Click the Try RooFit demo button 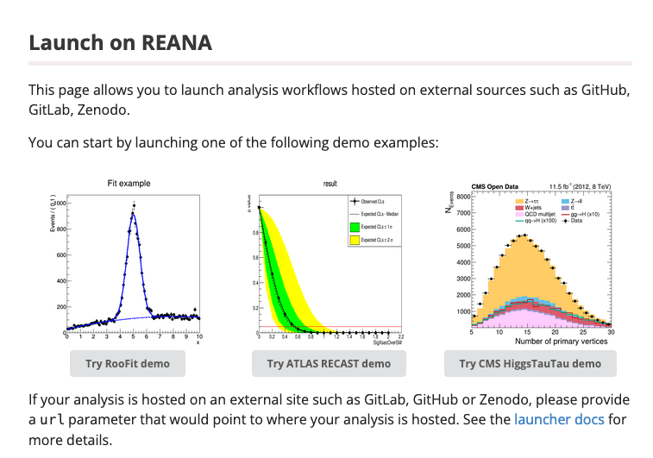click(128, 363)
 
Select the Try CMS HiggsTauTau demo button click(530, 363)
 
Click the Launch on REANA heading click(120, 42)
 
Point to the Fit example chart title click(129, 184)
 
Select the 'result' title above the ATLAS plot click(330, 184)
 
